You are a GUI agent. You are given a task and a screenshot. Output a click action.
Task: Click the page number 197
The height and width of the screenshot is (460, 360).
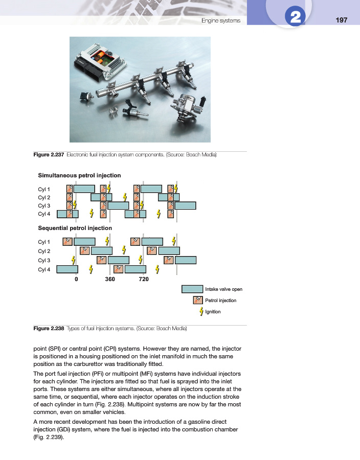(342, 20)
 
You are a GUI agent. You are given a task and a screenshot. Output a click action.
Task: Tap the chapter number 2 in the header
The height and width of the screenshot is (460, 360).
(295, 18)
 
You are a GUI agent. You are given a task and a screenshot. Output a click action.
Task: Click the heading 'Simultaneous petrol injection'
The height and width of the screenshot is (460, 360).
(79, 175)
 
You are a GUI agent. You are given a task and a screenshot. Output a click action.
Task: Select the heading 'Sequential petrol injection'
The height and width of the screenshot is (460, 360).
(75, 228)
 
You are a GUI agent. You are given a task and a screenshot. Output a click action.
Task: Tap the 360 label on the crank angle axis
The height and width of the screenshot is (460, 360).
(109, 280)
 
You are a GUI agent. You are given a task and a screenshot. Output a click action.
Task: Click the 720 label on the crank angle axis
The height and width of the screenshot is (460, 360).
(143, 280)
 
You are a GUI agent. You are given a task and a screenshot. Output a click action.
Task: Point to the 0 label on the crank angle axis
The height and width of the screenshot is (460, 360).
(76, 280)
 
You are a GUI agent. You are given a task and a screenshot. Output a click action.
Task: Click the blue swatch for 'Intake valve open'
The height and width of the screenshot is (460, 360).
(192, 289)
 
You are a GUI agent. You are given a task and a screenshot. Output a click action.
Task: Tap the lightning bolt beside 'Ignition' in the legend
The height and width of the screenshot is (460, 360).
(201, 312)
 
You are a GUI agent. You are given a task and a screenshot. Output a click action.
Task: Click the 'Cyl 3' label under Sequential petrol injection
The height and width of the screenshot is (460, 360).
(44, 260)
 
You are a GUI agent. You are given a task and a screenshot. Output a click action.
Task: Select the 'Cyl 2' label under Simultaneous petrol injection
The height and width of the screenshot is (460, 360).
(44, 197)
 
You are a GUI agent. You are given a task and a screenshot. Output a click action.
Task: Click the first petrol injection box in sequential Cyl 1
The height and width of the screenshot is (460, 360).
(67, 241)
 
